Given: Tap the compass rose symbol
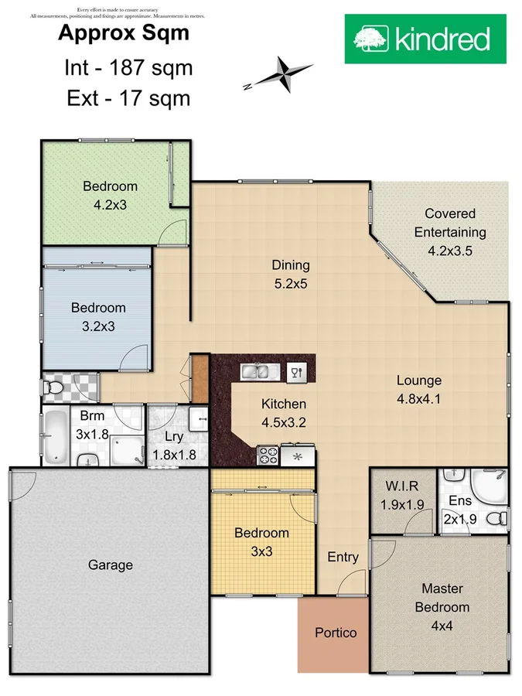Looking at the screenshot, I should click(x=283, y=74).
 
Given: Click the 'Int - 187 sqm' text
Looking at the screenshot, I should click(x=128, y=68).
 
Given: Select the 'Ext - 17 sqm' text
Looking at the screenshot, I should click(x=128, y=98).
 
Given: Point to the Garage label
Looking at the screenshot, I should click(x=110, y=565).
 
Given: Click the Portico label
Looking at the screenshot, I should click(x=336, y=633).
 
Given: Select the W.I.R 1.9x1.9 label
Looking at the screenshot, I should click(x=403, y=496).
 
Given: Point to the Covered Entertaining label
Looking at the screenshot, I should click(x=450, y=231).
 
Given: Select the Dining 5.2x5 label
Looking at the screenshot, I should click(x=290, y=274).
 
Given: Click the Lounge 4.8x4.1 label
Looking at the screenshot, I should click(x=418, y=390).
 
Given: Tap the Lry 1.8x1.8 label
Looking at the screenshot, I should click(x=177, y=445).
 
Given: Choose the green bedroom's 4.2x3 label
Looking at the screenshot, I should click(x=110, y=196).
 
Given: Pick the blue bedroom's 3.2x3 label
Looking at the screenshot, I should click(x=98, y=316).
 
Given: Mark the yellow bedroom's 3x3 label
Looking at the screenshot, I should click(x=261, y=542).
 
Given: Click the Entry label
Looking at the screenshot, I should click(x=343, y=557).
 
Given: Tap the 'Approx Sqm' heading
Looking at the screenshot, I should click(x=124, y=34).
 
